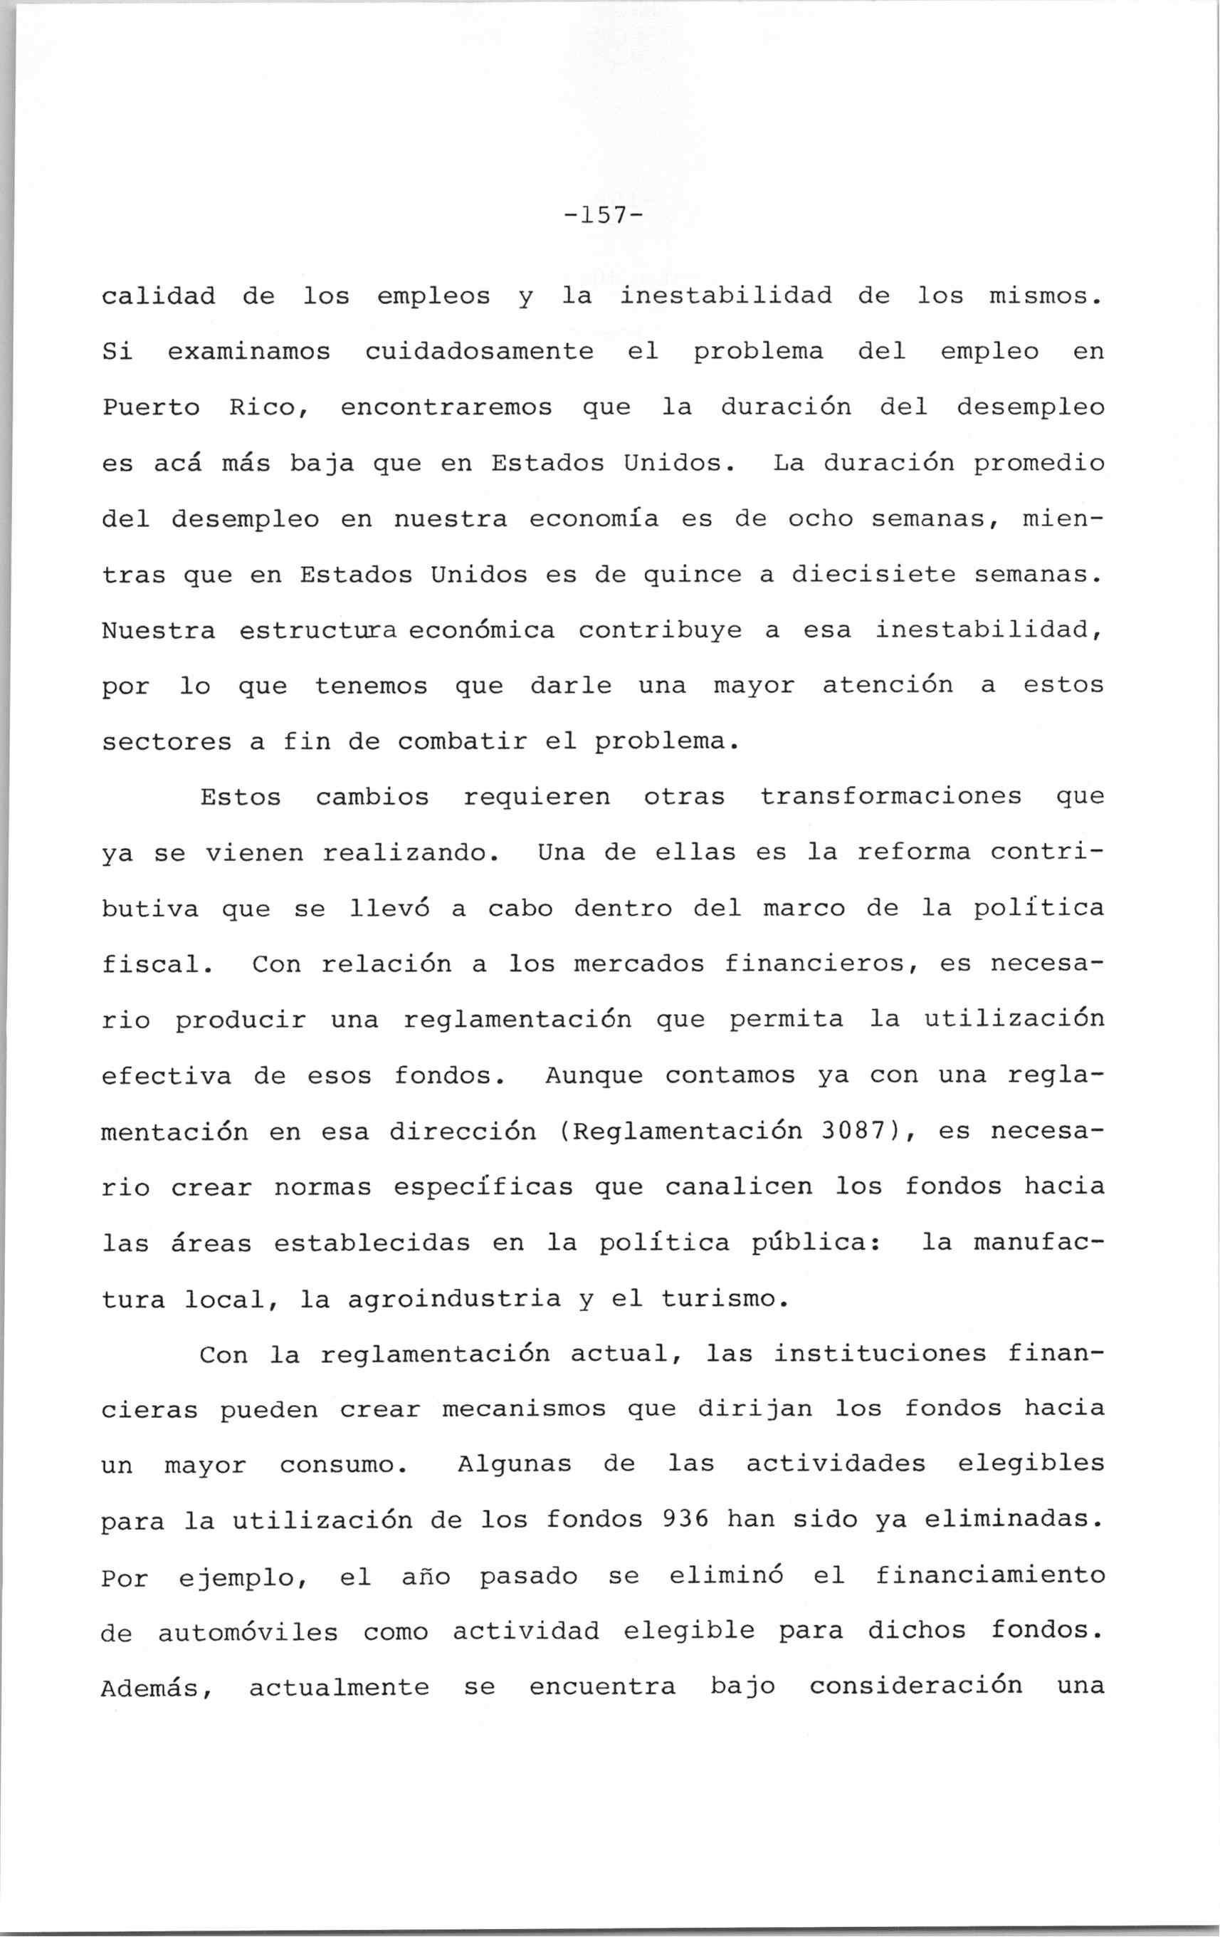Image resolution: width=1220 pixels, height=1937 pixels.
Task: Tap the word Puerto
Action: click(151, 408)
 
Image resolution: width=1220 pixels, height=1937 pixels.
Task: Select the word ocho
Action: click(819, 519)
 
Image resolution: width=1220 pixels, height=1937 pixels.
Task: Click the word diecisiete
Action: click(872, 575)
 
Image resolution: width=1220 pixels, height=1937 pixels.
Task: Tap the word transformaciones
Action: click(890, 796)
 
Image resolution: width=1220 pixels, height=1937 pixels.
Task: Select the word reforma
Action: click(914, 852)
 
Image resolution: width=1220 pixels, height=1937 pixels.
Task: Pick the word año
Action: click(426, 1577)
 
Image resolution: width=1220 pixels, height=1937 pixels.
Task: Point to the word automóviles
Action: click(248, 1632)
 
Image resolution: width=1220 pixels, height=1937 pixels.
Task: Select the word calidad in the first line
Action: click(159, 296)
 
